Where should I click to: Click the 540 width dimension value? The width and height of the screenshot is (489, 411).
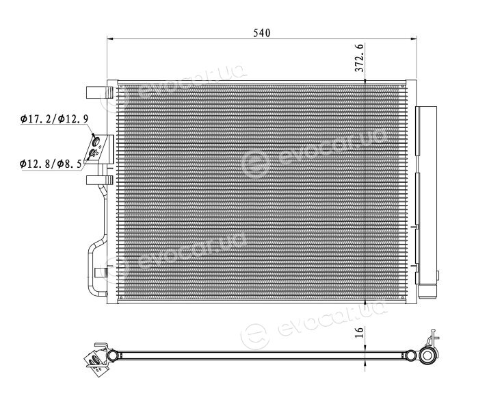click(x=262, y=33)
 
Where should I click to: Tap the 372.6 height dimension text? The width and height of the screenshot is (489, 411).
click(x=360, y=58)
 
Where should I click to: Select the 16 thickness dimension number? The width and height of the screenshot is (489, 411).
click(x=360, y=332)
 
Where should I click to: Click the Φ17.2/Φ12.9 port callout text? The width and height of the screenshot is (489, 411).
click(x=54, y=119)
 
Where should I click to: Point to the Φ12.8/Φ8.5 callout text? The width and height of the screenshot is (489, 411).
click(x=51, y=163)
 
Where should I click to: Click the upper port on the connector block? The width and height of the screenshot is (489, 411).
click(x=96, y=140)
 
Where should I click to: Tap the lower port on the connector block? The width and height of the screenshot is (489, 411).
click(x=93, y=153)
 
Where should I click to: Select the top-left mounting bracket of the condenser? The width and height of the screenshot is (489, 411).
click(x=99, y=92)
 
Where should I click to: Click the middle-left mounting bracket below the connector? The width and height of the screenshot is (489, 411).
click(x=99, y=180)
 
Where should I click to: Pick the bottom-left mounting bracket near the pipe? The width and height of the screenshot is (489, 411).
click(x=101, y=273)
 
